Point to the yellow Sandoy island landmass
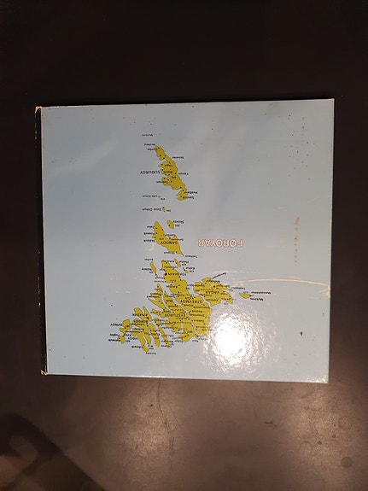click(x=166, y=237)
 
